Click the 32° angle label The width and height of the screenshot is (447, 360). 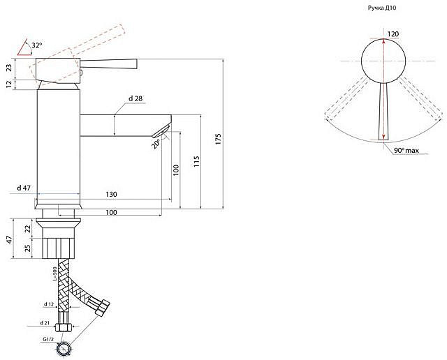[37, 45]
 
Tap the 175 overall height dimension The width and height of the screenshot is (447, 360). [219, 139]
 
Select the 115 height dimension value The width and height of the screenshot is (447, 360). [196, 161]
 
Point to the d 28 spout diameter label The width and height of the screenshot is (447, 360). [135, 98]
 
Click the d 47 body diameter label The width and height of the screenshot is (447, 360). [24, 188]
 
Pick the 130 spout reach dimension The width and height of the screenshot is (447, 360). [111, 194]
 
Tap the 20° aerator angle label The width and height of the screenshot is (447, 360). [155, 143]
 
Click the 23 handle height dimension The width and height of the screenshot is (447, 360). [9, 68]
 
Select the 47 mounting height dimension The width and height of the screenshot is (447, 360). [10, 239]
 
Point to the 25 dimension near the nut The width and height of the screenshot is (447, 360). [28, 248]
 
